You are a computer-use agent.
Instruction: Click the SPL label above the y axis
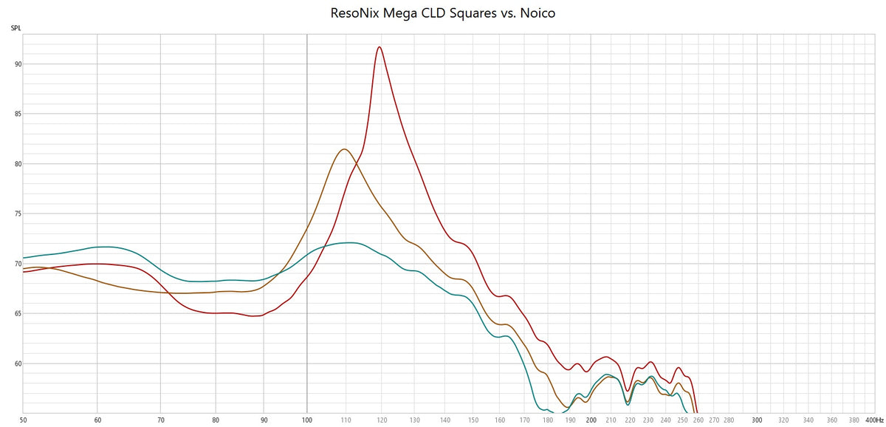(x=16, y=28)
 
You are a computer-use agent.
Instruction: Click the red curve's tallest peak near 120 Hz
(x=379, y=47)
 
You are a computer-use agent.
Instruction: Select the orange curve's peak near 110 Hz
(x=344, y=149)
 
